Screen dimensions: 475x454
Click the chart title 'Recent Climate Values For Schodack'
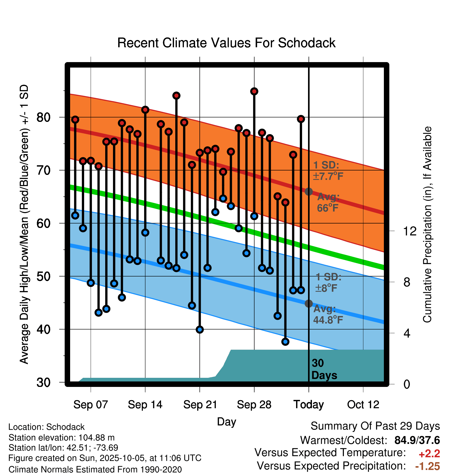pos(226,43)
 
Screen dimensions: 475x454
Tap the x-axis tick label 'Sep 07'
pos(90,405)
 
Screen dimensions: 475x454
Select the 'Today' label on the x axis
pos(309,405)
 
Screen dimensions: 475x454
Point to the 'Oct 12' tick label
pos(363,405)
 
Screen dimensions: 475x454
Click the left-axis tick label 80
pos(43,117)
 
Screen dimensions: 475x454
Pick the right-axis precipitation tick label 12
pos(410,231)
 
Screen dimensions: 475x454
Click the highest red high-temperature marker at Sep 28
pos(254,91)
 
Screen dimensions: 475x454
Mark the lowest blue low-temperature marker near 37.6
pos(285,342)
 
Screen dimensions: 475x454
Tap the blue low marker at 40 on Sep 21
pos(200,329)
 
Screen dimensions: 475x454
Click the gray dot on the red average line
pos(309,192)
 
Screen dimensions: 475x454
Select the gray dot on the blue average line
pos(309,304)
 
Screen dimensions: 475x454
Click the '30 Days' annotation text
pos(324,369)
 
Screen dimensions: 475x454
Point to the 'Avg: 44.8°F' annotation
pos(328,314)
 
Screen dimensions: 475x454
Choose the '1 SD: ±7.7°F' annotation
pos(328,171)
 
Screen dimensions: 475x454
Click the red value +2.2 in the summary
pos(429,454)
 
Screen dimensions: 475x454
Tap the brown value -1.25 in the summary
pos(428,466)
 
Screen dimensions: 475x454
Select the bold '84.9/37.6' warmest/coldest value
pos(417,440)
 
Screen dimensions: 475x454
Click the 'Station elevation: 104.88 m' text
pos(62,438)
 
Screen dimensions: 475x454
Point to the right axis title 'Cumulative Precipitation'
pos(427,225)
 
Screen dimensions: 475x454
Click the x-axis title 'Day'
pos(226,422)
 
